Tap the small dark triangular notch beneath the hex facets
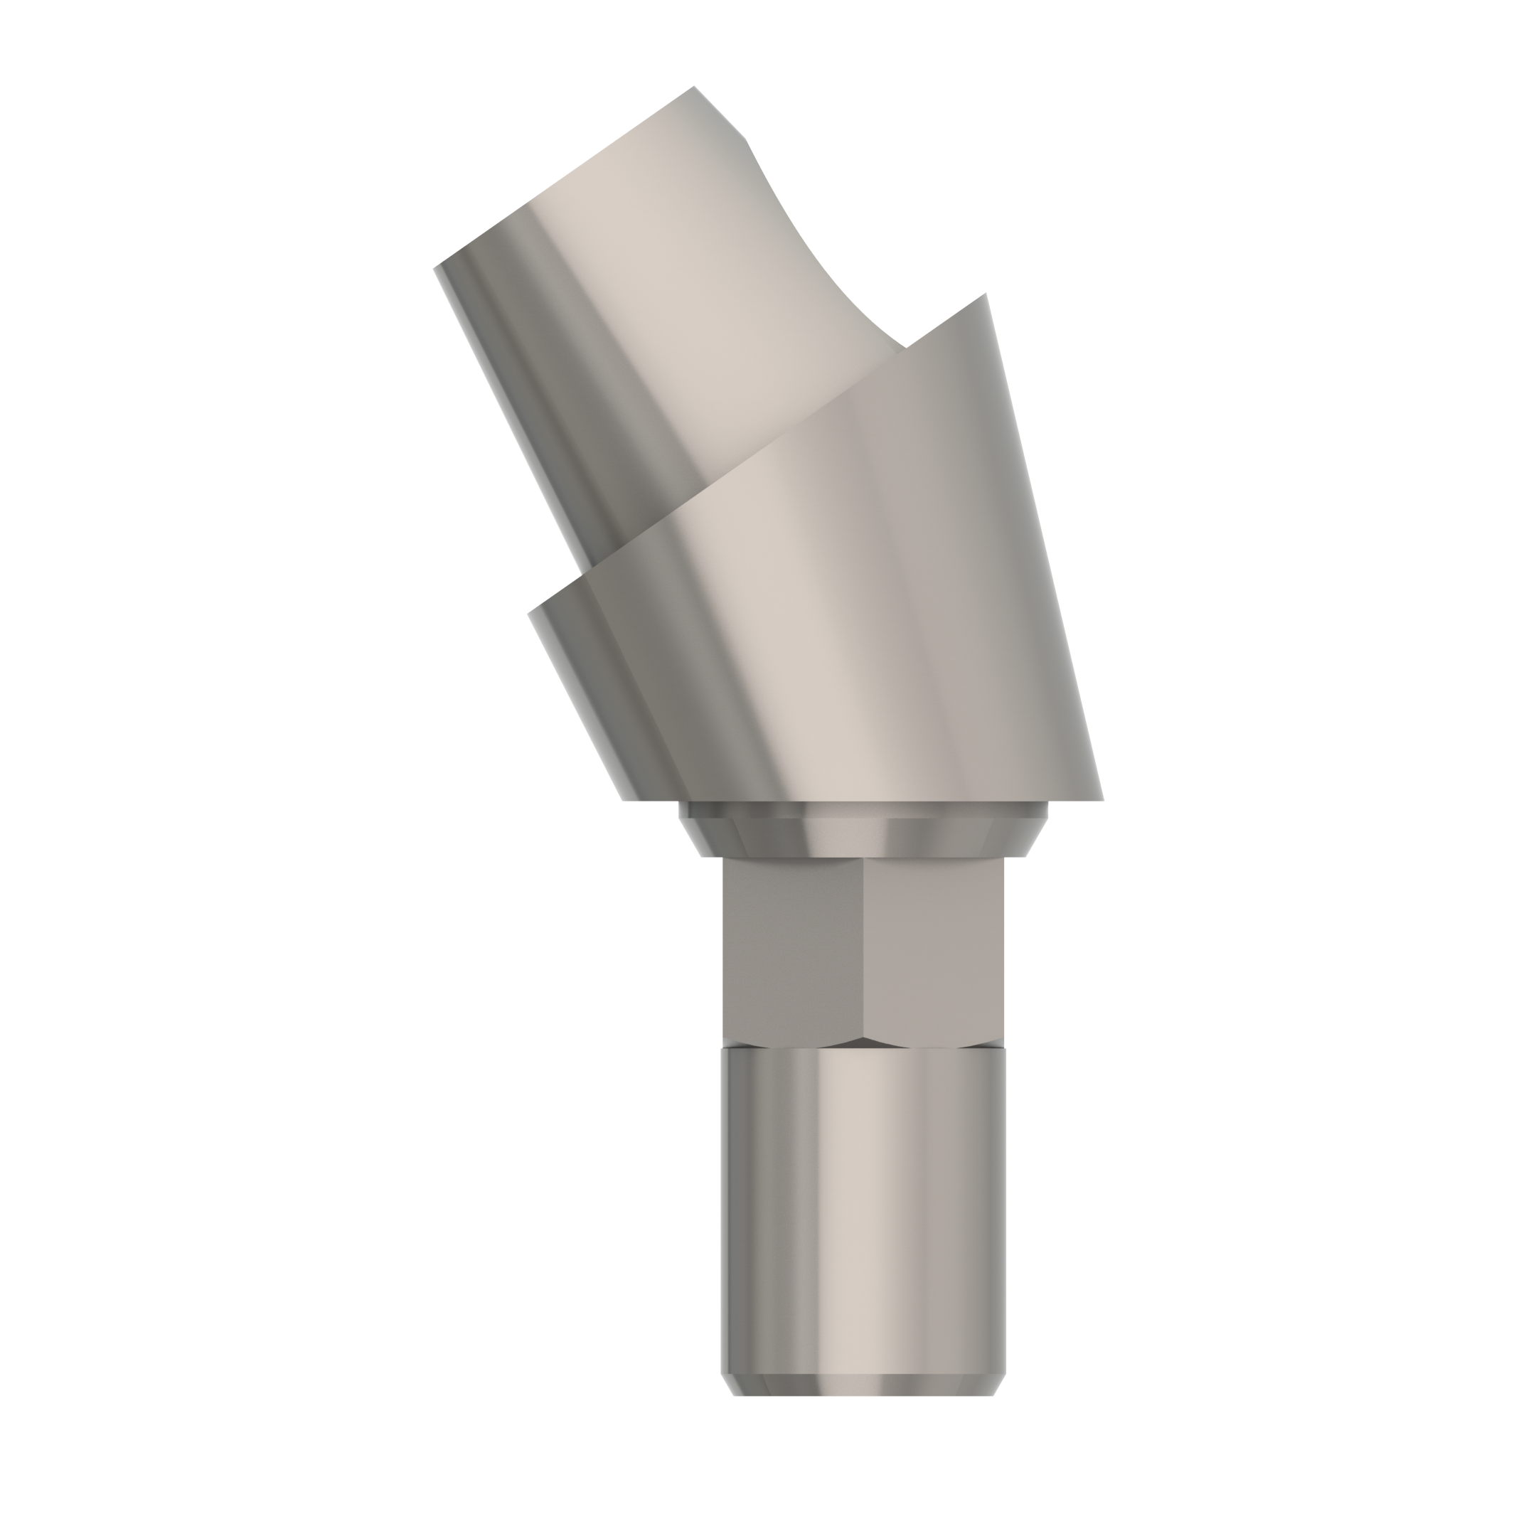tap(863, 1042)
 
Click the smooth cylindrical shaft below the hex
tap(863, 1208)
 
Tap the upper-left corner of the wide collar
tap(530, 613)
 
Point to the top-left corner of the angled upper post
tap(435, 268)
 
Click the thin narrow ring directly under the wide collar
tap(863, 809)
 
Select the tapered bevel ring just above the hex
tap(863, 837)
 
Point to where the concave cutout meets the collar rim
tap(905, 348)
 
